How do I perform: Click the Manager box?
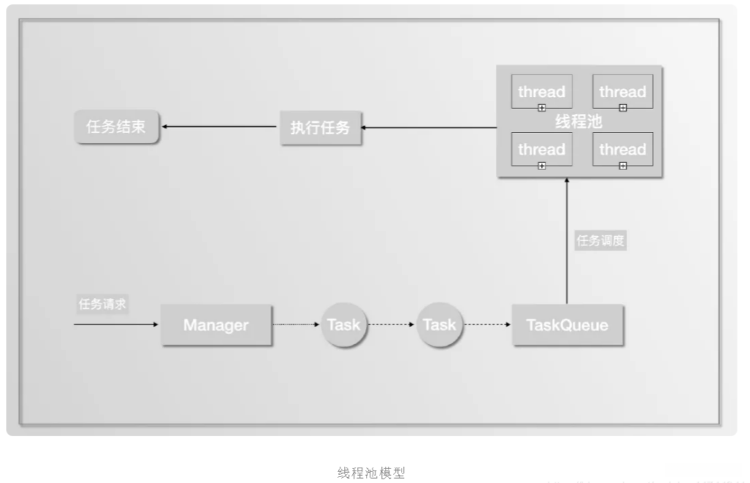click(215, 325)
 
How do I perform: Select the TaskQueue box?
click(567, 325)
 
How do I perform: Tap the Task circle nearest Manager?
click(343, 325)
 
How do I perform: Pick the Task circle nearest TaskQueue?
click(440, 325)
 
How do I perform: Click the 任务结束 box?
click(116, 127)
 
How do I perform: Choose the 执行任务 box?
click(320, 128)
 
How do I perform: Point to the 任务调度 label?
click(601, 241)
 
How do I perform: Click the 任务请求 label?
click(102, 305)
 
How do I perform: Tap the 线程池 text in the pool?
click(579, 121)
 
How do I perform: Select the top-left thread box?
click(541, 91)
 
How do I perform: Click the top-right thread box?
click(622, 91)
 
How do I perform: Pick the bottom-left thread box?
click(541, 149)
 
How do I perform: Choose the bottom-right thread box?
click(622, 149)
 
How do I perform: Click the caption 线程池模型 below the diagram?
click(371, 473)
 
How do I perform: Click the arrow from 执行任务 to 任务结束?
click(219, 127)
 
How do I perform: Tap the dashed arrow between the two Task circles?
click(393, 325)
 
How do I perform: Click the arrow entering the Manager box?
click(117, 324)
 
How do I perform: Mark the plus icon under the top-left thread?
click(541, 107)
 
